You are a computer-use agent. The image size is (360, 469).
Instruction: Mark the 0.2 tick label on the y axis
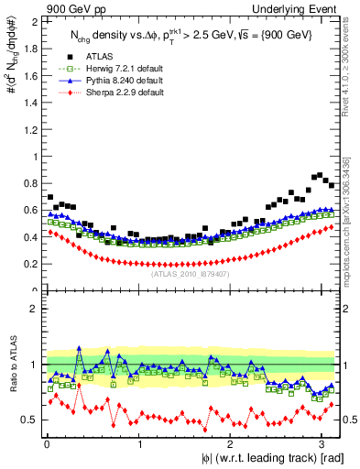[x=30, y=264]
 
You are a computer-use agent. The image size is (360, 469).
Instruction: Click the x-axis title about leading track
[x=267, y=459]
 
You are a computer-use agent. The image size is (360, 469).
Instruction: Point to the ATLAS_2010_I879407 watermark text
[x=190, y=273]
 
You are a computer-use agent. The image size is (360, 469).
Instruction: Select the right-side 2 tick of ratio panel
[x=345, y=309]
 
